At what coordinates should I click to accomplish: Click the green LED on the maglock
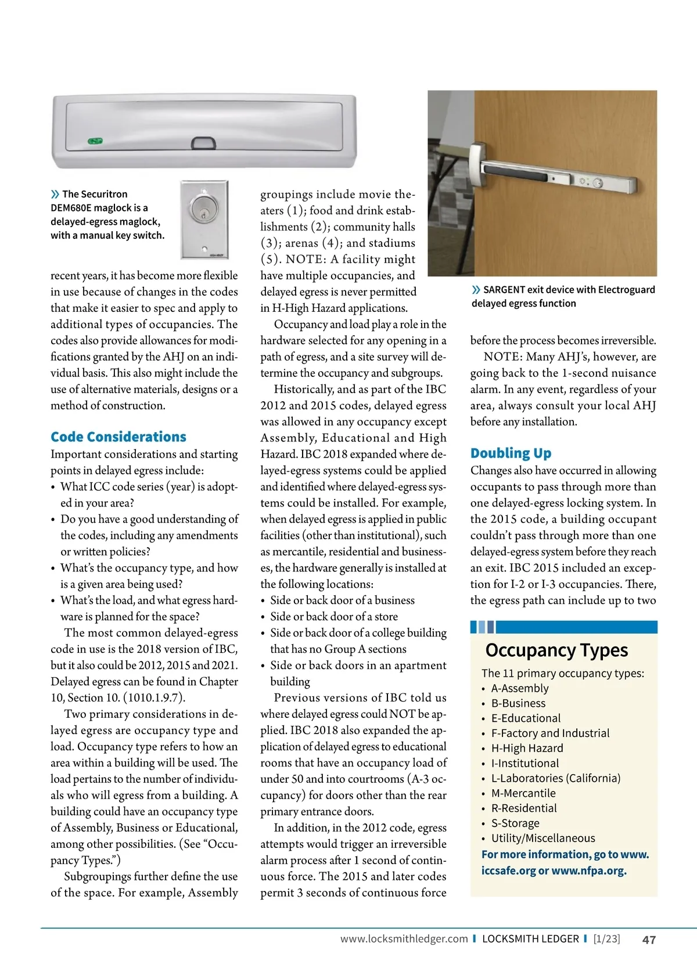[95, 141]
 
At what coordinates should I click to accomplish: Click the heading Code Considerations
[118, 437]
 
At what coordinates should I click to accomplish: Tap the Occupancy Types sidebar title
[556, 650]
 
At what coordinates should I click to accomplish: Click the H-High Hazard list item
[527, 748]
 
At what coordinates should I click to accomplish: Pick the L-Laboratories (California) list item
[556, 778]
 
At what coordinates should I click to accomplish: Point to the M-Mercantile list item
[523, 793]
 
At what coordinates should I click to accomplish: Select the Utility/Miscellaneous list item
[543, 838]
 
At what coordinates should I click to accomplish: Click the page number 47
[649, 939]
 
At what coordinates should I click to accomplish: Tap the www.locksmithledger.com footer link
[404, 939]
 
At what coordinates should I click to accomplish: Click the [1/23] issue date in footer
[606, 939]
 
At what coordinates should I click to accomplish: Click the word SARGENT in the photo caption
[504, 290]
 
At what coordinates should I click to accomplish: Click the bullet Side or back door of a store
[334, 617]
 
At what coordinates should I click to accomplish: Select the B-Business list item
[518, 703]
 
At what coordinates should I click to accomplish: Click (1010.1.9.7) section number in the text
[154, 698]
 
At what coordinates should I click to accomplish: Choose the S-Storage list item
[515, 823]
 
